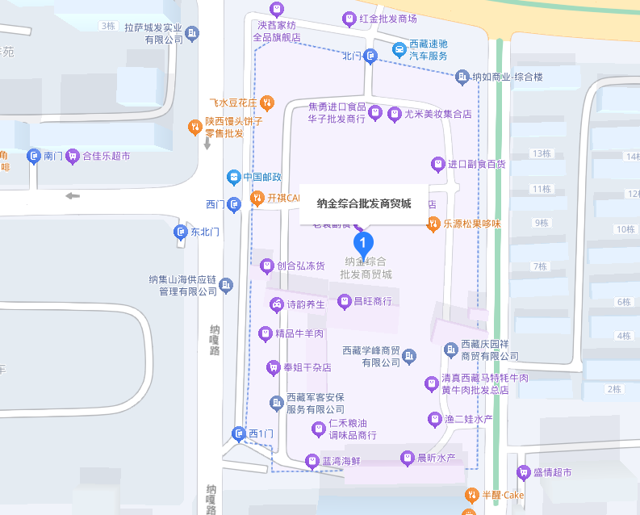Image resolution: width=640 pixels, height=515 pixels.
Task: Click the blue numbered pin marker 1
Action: [364, 241]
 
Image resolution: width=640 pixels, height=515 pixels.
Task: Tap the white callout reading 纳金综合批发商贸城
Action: [364, 203]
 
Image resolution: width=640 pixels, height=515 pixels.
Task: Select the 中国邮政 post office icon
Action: [233, 177]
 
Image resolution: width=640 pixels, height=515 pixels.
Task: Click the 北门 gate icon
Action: [370, 56]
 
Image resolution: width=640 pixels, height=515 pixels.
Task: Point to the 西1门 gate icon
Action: [239, 433]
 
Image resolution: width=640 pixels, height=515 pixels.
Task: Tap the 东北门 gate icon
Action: [181, 232]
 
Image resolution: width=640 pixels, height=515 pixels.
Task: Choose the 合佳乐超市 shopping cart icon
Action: [73, 156]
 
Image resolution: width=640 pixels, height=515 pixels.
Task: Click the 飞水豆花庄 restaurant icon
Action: [267, 103]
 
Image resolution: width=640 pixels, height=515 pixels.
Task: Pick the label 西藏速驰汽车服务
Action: [428, 50]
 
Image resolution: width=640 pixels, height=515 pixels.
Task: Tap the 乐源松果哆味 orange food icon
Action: [433, 224]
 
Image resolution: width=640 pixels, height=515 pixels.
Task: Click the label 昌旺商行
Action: [372, 301]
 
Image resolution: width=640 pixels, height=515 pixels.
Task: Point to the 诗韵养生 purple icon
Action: [276, 304]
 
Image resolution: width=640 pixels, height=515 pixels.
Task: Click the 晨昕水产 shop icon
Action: [407, 458]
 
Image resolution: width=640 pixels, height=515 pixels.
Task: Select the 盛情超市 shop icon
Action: [524, 472]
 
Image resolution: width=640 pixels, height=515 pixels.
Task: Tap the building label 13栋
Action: [541, 153]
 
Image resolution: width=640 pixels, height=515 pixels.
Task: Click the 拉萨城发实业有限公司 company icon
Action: [192, 33]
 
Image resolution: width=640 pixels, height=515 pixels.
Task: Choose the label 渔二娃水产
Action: [468, 419]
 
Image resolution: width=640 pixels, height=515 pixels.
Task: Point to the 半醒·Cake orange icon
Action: [472, 495]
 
